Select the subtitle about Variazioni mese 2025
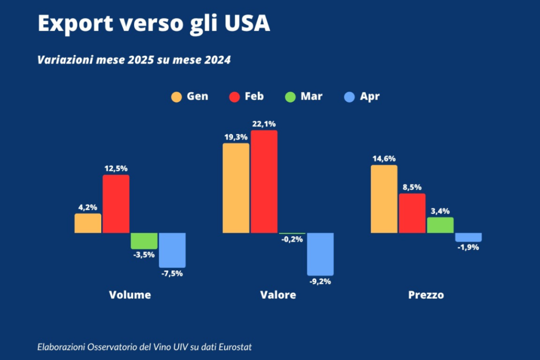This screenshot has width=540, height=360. pos(134,60)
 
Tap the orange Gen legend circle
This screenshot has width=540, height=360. pos(177,97)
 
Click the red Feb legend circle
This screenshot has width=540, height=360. pos(234,97)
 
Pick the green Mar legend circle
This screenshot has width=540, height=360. pos(291,97)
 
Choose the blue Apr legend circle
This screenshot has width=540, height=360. pos(349,97)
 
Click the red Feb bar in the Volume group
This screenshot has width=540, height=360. pos(116,204)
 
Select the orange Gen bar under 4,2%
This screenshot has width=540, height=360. pos(88,223)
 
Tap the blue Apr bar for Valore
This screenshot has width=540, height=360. pos(321,254)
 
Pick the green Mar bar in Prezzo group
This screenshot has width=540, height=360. pos(440,225)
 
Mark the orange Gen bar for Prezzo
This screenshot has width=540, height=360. pos(384,199)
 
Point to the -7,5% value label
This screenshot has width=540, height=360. pos(172,274)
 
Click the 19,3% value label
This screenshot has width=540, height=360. pos(235,137)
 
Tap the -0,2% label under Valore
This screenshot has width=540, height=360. pos(292,240)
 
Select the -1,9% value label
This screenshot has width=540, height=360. pos(468,247)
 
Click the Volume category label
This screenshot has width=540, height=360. pos(130,295)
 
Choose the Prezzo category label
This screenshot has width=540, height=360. pos(426,295)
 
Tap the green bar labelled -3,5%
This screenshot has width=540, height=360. pos(144,241)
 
